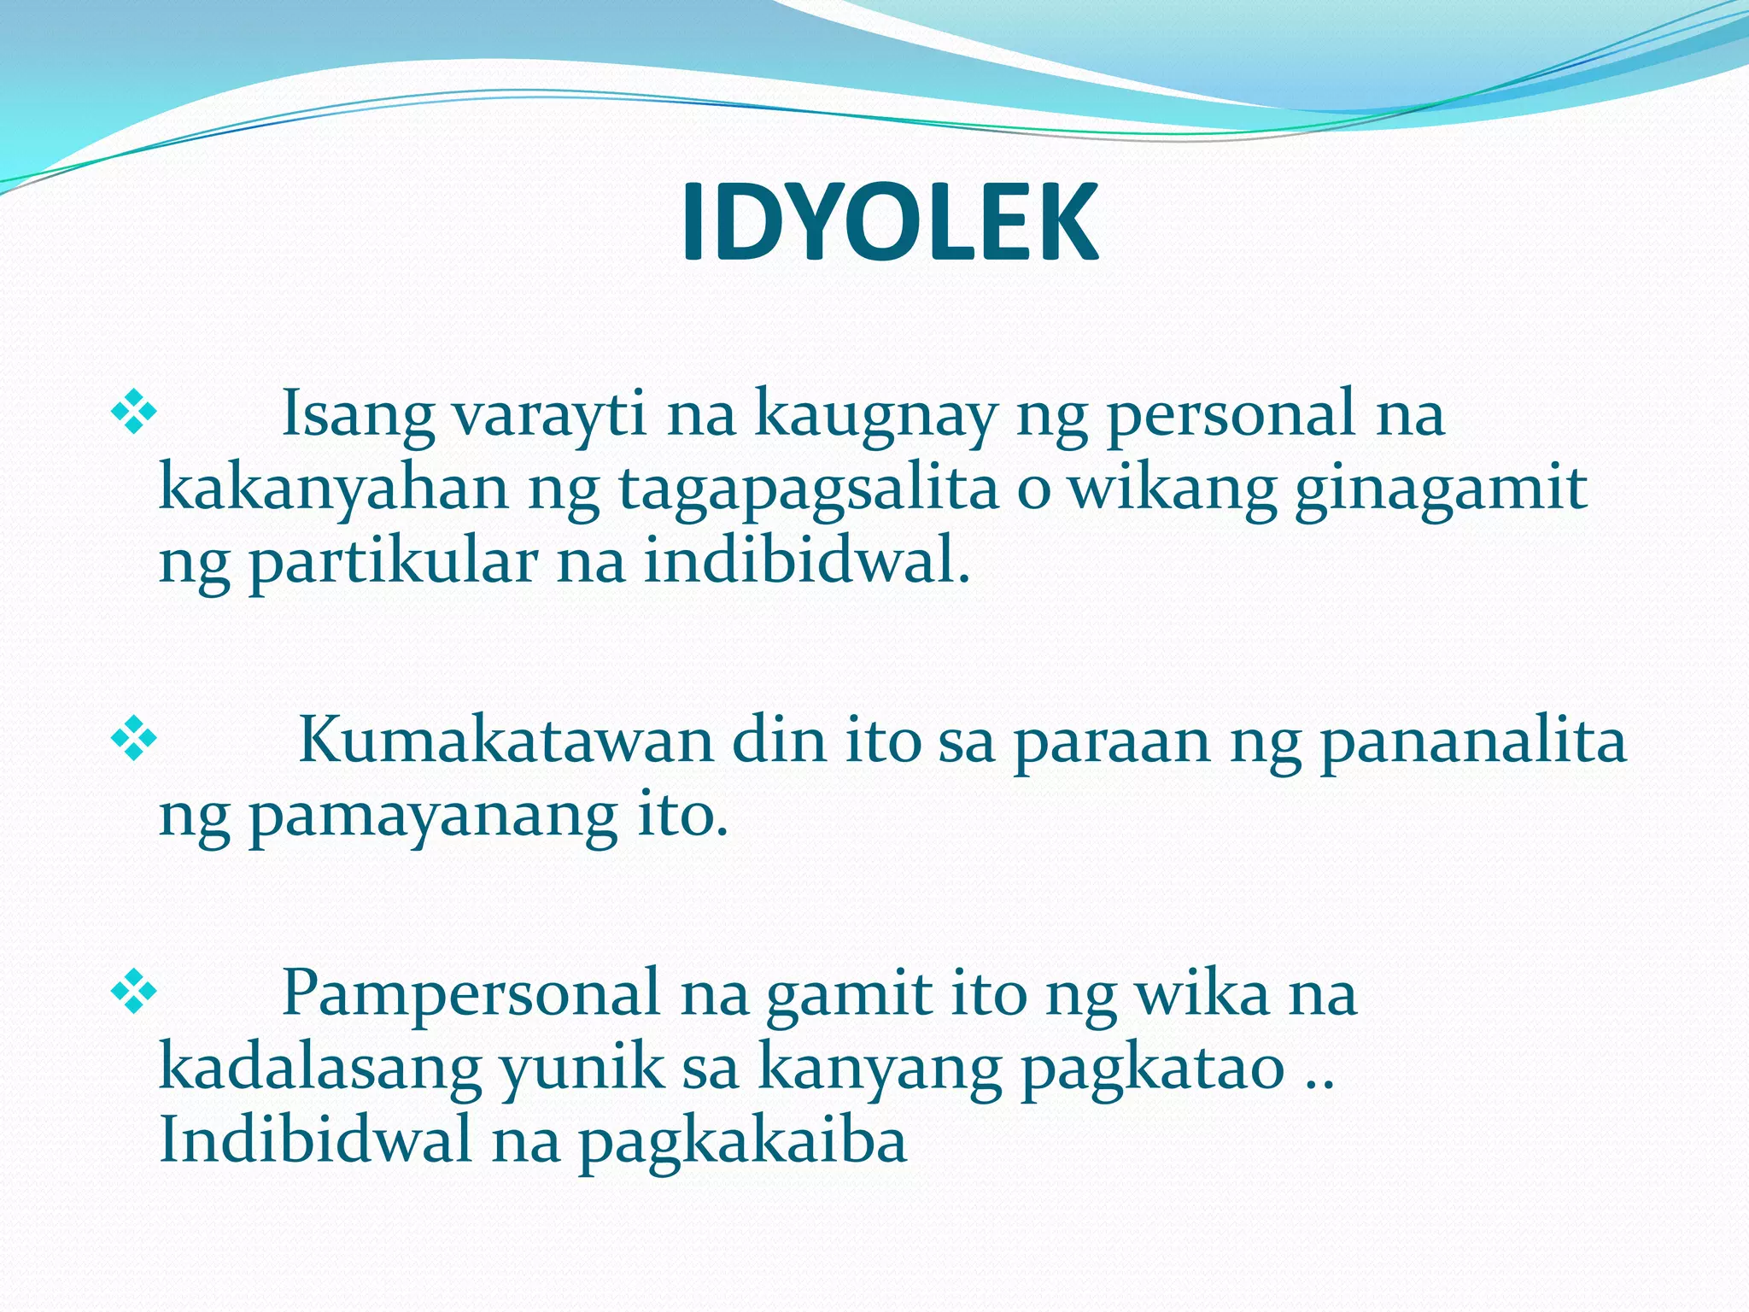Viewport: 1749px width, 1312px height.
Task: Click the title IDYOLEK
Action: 889,224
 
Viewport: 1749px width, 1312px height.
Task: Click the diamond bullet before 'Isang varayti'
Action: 134,413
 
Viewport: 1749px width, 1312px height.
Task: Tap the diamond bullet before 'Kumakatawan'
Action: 134,740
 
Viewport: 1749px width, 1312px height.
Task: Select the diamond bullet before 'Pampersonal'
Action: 134,993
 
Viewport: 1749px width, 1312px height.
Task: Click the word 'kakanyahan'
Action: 334,489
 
